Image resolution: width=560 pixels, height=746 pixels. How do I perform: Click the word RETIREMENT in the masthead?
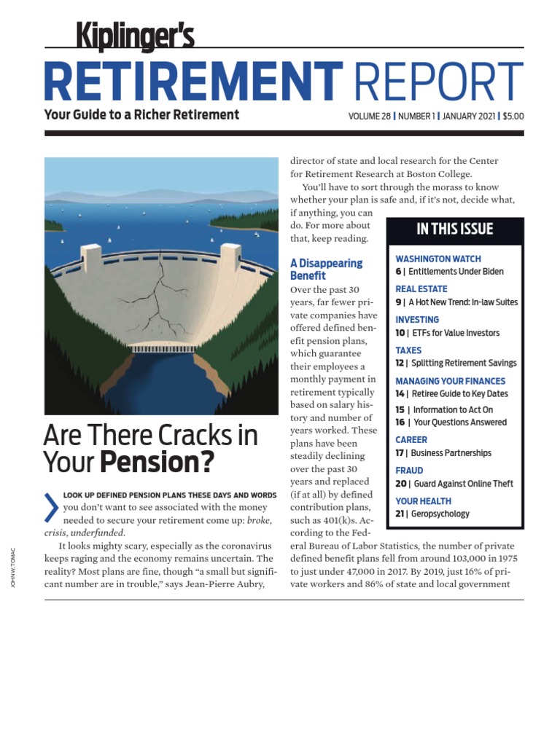pyautogui.click(x=193, y=81)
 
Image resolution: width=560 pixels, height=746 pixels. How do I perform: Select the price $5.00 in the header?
pyautogui.click(x=513, y=116)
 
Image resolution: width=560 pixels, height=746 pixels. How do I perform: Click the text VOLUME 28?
pyautogui.click(x=370, y=116)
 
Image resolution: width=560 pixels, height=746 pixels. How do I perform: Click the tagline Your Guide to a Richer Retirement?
pyautogui.click(x=141, y=114)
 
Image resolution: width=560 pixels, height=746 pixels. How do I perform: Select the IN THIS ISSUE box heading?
pyautogui.click(x=455, y=229)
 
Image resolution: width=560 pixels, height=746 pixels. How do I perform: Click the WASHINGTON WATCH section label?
pyautogui.click(x=437, y=259)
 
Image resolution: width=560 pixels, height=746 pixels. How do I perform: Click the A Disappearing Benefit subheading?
pyautogui.click(x=325, y=269)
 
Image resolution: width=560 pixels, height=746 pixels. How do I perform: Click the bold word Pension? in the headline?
pyautogui.click(x=157, y=462)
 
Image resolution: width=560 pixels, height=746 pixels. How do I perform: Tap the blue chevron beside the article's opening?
pyautogui.click(x=51, y=508)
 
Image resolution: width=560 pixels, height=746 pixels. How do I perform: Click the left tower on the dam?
pyautogui.click(x=90, y=260)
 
